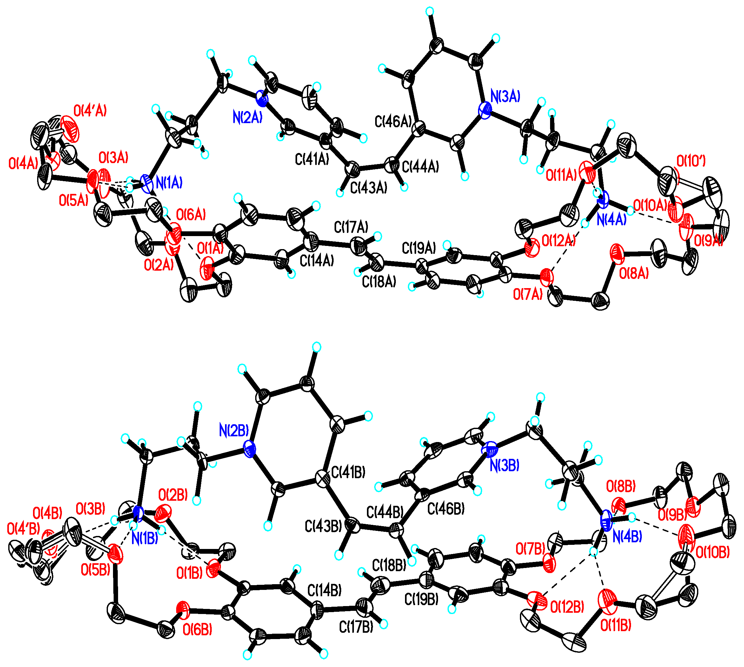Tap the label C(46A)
393,121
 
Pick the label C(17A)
351,227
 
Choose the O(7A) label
528,294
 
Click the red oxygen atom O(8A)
617,253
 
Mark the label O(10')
691,161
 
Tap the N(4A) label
611,220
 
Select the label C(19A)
419,248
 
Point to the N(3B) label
505,466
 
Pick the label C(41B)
348,473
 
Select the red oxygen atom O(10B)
685,536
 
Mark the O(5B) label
95,570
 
